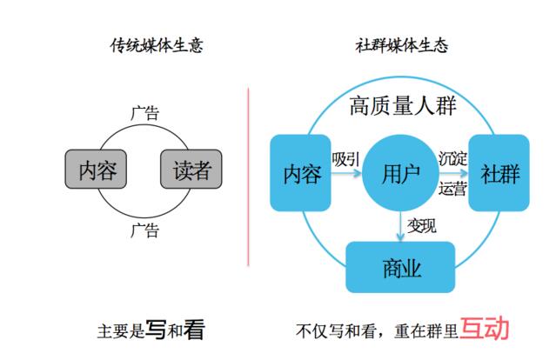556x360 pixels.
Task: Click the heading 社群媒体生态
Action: [402, 45]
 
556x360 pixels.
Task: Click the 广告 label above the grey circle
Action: [144, 113]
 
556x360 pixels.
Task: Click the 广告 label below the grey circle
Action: [144, 230]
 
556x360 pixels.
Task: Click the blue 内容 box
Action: [302, 173]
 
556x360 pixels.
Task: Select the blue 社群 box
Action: [499, 173]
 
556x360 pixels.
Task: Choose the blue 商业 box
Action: [401, 267]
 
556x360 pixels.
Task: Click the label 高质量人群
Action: [402, 106]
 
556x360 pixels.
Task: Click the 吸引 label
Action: [345, 159]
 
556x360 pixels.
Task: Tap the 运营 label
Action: [452, 188]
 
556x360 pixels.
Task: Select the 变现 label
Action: [423, 224]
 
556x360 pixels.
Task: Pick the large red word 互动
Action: [485, 328]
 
